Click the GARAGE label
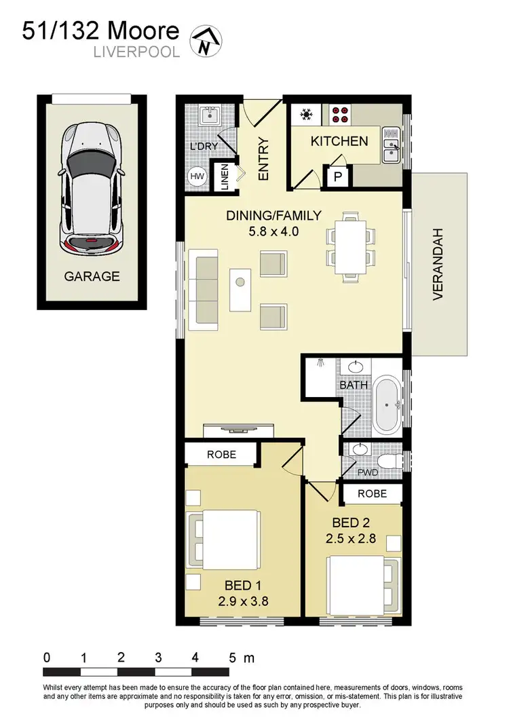coord(92,276)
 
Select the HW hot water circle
coord(197,176)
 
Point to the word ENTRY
coord(263,159)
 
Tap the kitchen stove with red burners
coord(341,114)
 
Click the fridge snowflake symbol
coord(306,115)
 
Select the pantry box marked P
coord(337,177)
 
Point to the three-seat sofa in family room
coord(206,286)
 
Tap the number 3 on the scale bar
coord(158,657)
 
